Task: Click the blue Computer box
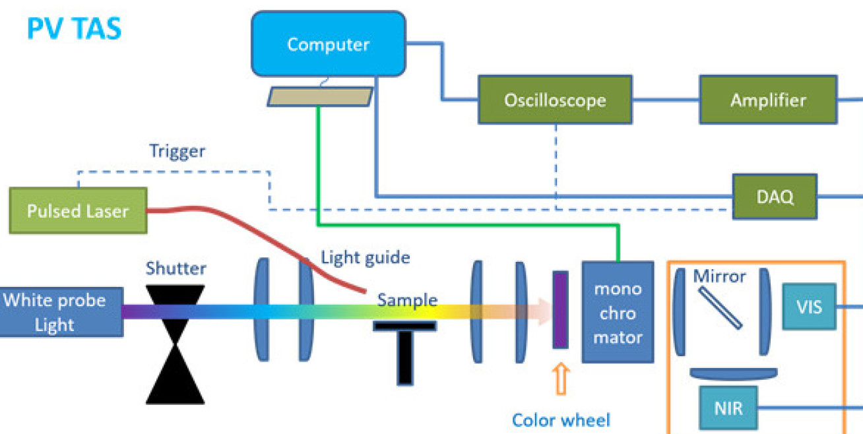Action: pos(328,45)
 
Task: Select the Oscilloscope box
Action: pos(554,100)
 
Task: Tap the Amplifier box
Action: pos(768,100)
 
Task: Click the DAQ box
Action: pos(775,196)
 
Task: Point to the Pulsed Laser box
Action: pos(78,211)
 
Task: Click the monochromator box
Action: pos(618,312)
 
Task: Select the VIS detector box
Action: pos(809,306)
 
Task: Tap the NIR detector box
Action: pos(728,408)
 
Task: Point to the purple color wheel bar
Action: pos(560,309)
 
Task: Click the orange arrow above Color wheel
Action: pos(561,381)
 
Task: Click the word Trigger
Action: pos(177,152)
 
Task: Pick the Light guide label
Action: pos(366,257)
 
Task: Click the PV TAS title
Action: pos(74,29)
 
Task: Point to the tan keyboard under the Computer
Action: pos(319,97)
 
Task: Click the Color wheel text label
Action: pos(561,419)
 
